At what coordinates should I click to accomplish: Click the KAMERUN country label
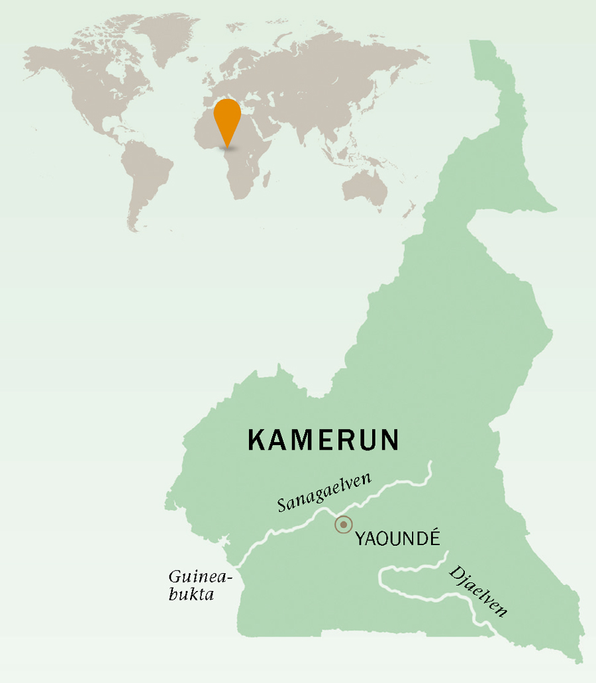[323, 440]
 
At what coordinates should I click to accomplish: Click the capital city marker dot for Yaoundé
[343, 525]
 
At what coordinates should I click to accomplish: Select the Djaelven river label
[477, 591]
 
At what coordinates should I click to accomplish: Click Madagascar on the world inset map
[268, 179]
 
